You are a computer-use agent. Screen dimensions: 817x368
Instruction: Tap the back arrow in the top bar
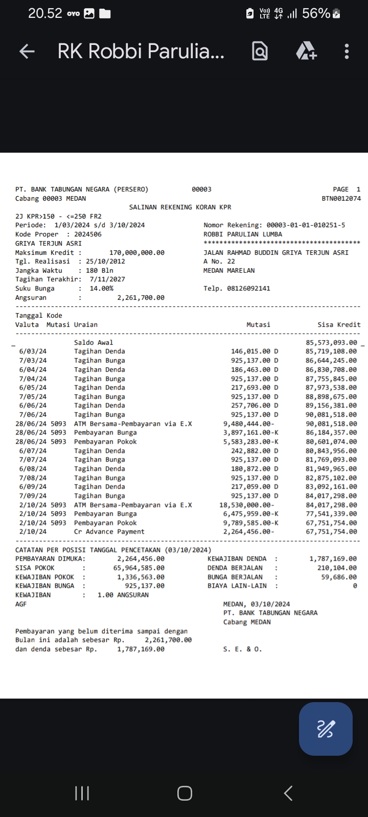(27, 51)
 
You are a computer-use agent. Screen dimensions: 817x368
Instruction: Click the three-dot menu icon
(347, 51)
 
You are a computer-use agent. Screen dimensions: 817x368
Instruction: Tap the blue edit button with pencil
(326, 729)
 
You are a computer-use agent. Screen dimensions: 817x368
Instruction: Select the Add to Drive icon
(306, 51)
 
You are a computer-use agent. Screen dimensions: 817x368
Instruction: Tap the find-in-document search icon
(260, 51)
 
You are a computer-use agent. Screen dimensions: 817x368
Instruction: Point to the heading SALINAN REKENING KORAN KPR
(180, 207)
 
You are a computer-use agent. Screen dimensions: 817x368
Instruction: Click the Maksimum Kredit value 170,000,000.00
(137, 252)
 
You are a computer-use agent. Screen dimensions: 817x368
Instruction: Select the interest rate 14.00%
(101, 289)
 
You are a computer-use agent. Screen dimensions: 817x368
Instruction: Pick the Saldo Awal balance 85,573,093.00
(331, 343)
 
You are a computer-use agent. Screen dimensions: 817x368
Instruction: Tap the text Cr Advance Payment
(109, 532)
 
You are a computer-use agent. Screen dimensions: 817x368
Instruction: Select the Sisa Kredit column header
(338, 325)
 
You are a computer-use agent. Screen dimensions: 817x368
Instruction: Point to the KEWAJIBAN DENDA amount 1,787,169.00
(333, 559)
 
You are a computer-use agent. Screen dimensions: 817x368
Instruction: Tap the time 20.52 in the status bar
(45, 14)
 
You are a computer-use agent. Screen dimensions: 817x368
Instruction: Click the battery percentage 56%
(316, 14)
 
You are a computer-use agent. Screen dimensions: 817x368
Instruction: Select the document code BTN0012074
(341, 198)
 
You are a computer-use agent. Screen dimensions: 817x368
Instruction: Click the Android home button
(185, 793)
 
